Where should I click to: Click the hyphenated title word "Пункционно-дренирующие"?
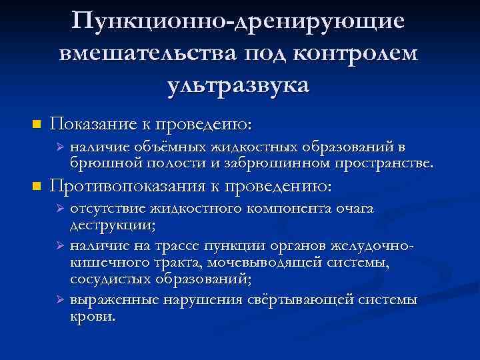click(x=239, y=20)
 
